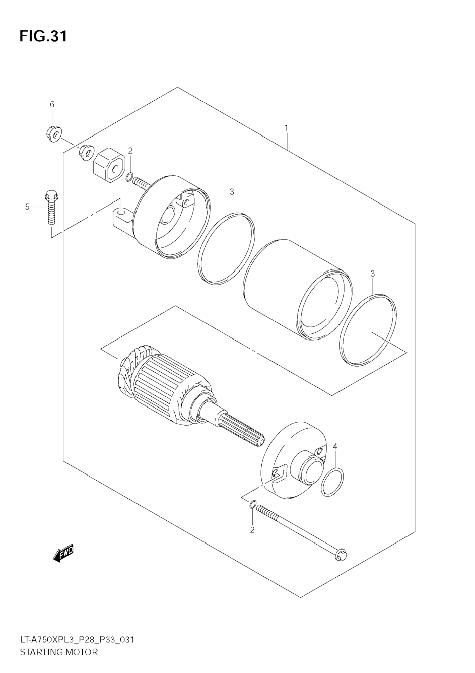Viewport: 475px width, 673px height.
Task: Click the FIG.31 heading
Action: click(x=43, y=37)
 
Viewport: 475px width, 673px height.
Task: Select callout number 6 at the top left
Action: click(x=52, y=104)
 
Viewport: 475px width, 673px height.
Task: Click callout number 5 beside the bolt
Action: click(x=27, y=207)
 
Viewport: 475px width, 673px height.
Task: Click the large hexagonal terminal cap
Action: click(x=109, y=165)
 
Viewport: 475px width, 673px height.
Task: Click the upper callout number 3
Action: click(x=232, y=192)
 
